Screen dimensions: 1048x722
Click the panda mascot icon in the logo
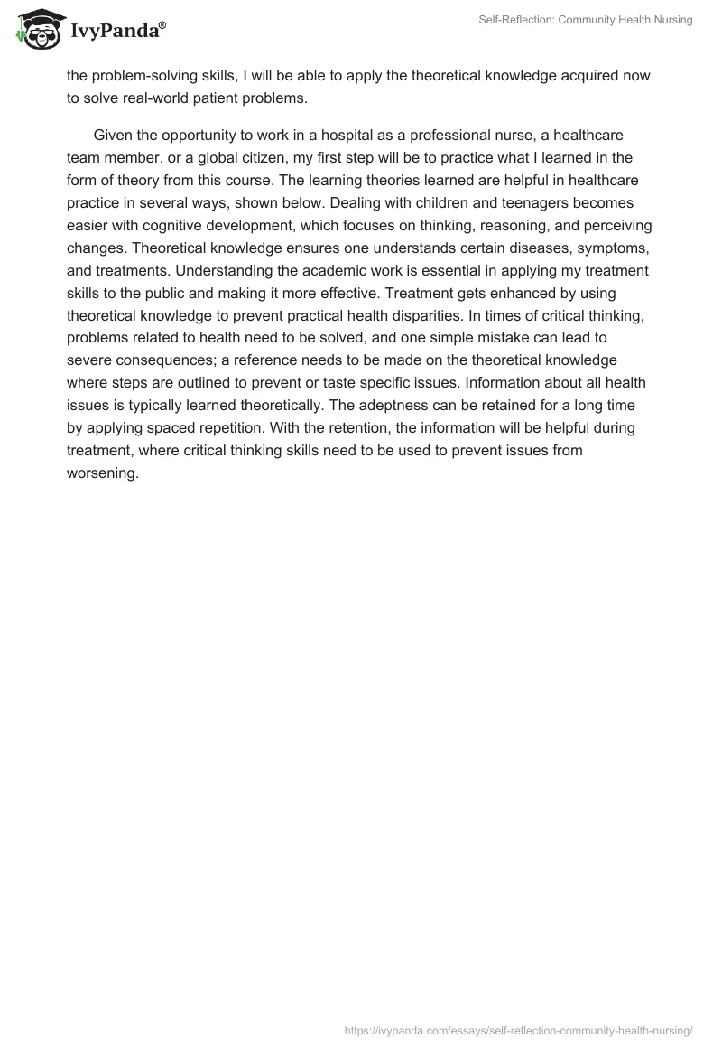pos(36,28)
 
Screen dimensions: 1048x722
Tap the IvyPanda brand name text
pos(116,32)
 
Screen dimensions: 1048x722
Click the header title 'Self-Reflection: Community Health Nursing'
pos(585,20)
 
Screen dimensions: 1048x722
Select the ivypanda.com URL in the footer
pos(518,1029)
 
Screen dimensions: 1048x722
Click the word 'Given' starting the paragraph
pos(114,136)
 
